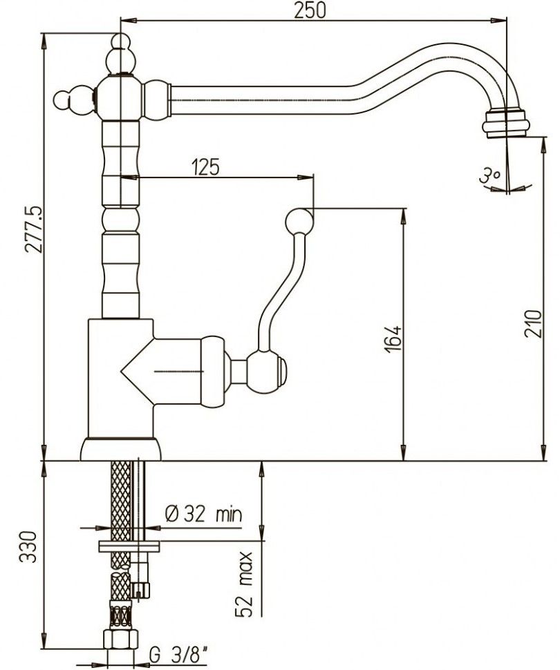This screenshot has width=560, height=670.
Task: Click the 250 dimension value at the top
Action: (x=310, y=10)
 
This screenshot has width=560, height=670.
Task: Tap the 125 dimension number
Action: (x=205, y=166)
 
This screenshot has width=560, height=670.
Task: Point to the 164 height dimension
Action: (x=393, y=339)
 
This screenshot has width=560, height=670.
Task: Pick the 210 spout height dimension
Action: (x=533, y=323)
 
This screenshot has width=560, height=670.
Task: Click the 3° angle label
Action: (x=489, y=175)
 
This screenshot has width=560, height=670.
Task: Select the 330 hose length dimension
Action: (x=28, y=546)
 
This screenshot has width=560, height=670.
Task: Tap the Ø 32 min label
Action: (x=203, y=515)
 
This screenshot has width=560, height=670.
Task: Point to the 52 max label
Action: (x=244, y=584)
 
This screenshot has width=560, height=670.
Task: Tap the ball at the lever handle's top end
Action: (x=299, y=220)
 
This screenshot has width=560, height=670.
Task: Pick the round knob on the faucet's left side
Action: (x=64, y=99)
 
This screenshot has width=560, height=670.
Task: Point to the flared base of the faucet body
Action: (x=121, y=450)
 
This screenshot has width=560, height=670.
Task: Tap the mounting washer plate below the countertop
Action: (x=129, y=546)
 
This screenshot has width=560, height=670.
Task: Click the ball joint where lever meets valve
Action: (x=266, y=372)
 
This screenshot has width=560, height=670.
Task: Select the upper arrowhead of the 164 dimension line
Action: (x=403, y=217)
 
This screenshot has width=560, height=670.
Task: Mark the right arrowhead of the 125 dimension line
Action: (x=306, y=177)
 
